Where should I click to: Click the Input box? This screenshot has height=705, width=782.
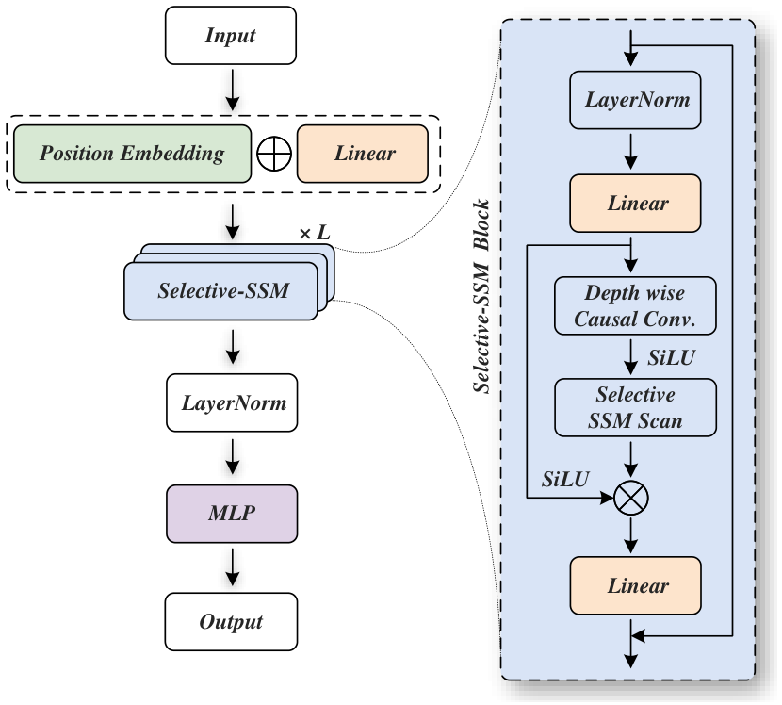click(231, 36)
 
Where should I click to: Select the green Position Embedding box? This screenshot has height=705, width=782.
click(132, 154)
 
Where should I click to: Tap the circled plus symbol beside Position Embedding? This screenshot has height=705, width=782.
click(274, 154)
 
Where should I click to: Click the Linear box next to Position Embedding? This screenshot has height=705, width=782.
click(363, 154)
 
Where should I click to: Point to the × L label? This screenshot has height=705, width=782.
click(315, 233)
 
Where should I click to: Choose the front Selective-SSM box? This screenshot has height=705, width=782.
click(220, 291)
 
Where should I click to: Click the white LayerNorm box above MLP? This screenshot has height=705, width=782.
click(232, 402)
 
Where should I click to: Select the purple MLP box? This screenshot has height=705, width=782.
click(232, 514)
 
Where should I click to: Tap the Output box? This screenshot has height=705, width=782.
click(231, 622)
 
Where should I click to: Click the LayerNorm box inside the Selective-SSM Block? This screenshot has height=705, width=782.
click(635, 100)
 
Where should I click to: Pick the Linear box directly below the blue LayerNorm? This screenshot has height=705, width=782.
click(635, 203)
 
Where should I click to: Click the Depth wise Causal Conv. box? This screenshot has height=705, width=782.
click(635, 305)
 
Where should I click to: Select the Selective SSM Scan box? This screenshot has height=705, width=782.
click(635, 407)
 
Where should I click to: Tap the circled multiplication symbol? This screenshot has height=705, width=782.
click(631, 498)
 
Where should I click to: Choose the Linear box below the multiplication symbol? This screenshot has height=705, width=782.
click(635, 585)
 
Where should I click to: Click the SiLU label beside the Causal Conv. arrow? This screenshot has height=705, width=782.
click(671, 358)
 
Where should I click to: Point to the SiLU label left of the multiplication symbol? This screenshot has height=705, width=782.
click(565, 479)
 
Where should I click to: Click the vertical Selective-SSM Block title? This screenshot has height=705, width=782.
click(481, 296)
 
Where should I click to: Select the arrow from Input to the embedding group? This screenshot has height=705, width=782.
click(233, 90)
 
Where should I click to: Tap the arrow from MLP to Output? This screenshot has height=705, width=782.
click(233, 567)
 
